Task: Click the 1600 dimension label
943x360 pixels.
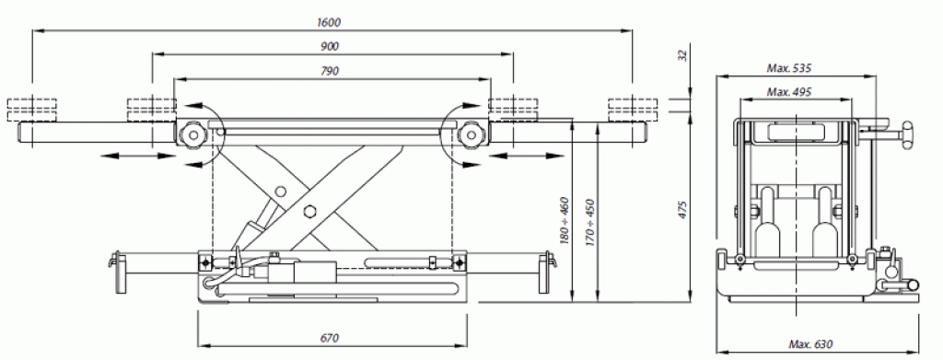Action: pos(329,23)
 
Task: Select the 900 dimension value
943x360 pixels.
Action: pos(330,46)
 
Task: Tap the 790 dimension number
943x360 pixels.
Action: pos(330,71)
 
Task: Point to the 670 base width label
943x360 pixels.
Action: pos(330,339)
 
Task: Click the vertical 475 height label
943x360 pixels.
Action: pos(682,210)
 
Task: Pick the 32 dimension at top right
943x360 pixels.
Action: pos(682,55)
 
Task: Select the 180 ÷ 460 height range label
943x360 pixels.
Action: pos(565,221)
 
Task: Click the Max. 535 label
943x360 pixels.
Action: pos(789,68)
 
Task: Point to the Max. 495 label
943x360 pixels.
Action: pos(789,92)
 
